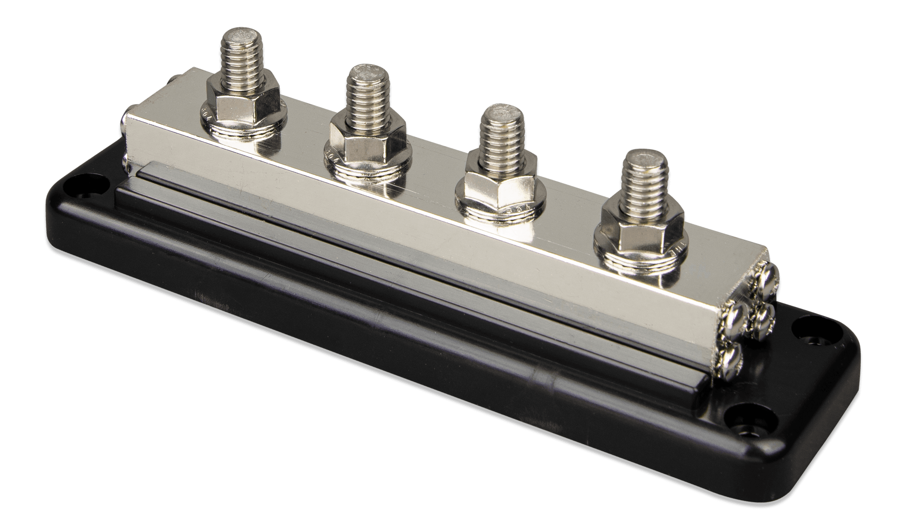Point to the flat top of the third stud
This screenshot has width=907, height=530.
click(x=501, y=113)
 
